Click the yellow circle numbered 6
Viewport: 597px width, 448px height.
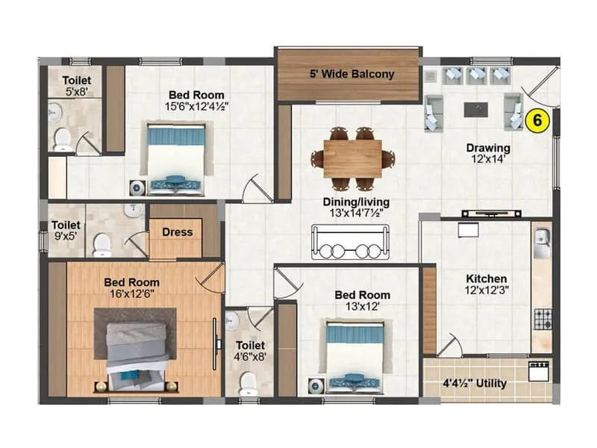tap(537, 119)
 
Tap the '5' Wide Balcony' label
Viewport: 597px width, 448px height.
tap(352, 74)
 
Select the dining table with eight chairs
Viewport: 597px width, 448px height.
tap(353, 158)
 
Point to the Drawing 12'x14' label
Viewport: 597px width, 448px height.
tap(488, 153)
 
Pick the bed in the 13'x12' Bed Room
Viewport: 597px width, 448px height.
tap(354, 356)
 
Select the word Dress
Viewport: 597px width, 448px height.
tap(177, 232)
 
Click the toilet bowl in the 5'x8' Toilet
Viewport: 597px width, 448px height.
tap(63, 139)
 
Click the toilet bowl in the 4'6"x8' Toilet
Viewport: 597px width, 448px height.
tap(247, 382)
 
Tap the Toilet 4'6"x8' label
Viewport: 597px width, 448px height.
tap(250, 351)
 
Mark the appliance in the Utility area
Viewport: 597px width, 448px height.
tap(539, 372)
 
